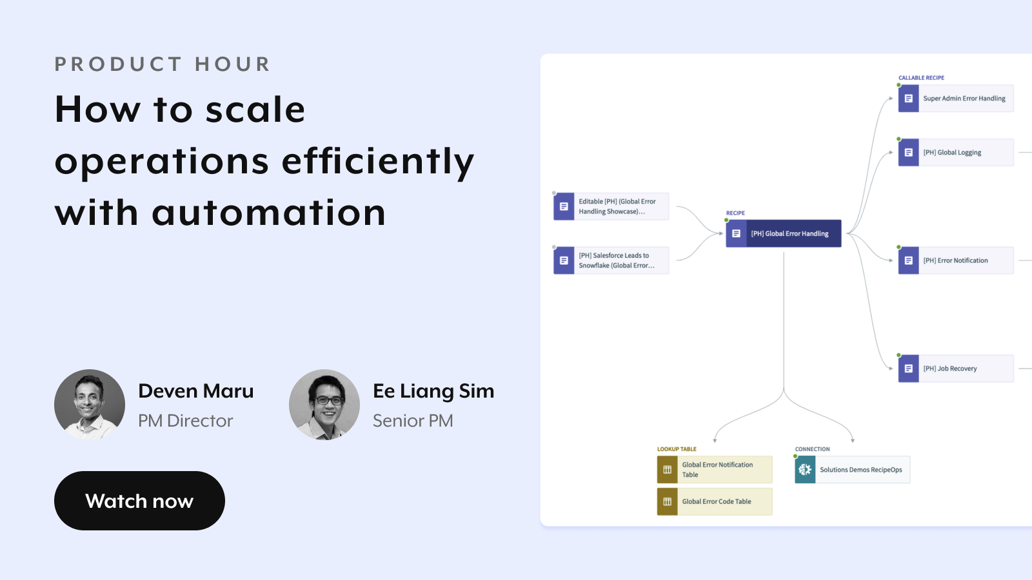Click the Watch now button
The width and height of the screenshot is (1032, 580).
point(139,500)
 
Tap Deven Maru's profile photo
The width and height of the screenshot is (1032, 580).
point(90,405)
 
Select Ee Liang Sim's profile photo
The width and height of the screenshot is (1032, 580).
point(324,405)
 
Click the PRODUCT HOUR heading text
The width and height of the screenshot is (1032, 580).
point(162,64)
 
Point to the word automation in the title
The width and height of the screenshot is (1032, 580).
point(268,213)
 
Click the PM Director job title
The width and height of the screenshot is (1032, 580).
point(186,421)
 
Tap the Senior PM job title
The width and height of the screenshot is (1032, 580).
point(413,421)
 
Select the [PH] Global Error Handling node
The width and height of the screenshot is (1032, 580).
point(784,233)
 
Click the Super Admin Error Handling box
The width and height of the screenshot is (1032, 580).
point(956,99)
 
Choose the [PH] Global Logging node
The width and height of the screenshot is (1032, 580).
point(956,152)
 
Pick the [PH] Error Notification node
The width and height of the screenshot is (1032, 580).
point(956,260)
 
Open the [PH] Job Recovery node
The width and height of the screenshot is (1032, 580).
point(956,368)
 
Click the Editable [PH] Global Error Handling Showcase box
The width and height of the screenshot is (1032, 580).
point(611,206)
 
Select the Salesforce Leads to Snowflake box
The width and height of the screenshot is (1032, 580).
point(611,260)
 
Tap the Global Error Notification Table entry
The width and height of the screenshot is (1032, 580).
point(715,470)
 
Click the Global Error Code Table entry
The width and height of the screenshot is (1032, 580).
point(715,501)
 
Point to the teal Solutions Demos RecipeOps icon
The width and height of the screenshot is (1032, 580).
point(805,470)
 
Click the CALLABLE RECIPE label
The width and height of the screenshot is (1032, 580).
point(922,78)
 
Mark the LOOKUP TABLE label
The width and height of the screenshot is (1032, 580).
point(677,449)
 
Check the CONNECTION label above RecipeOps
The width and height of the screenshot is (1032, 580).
point(812,449)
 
